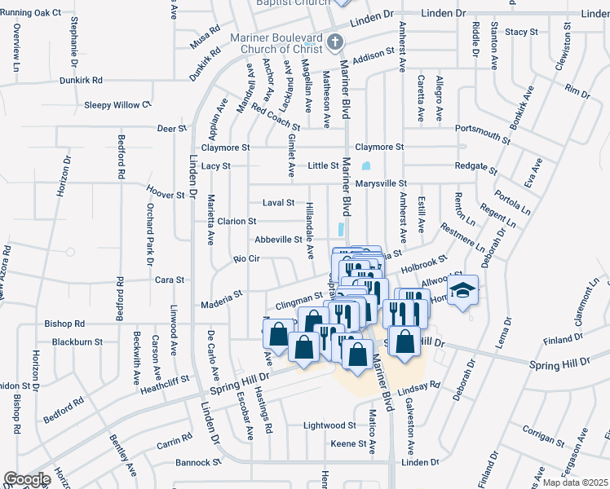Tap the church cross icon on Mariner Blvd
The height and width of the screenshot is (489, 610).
coord(334,42)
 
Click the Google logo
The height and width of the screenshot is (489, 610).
coord(26,479)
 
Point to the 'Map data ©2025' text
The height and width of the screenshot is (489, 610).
coord(574,482)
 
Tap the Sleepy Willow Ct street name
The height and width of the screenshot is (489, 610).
coord(118,105)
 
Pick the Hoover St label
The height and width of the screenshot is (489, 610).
coord(166,195)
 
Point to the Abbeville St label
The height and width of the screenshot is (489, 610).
coord(278,240)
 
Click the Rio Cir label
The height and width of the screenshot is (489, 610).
coord(246,259)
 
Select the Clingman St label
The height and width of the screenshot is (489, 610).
coord(299,301)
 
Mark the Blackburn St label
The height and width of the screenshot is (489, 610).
coord(74,342)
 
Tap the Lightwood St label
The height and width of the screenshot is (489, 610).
coord(329,425)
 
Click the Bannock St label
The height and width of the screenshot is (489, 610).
coord(198,462)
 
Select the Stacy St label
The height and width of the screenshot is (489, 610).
coord(522,32)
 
